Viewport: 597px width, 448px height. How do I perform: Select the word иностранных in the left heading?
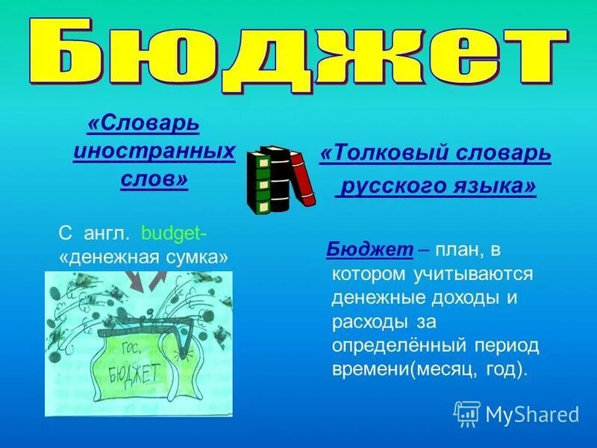point(154,150)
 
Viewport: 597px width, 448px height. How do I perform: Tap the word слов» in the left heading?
point(154,180)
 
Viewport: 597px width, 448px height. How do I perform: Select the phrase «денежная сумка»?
point(142,257)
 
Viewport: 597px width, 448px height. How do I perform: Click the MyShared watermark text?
point(531,414)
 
